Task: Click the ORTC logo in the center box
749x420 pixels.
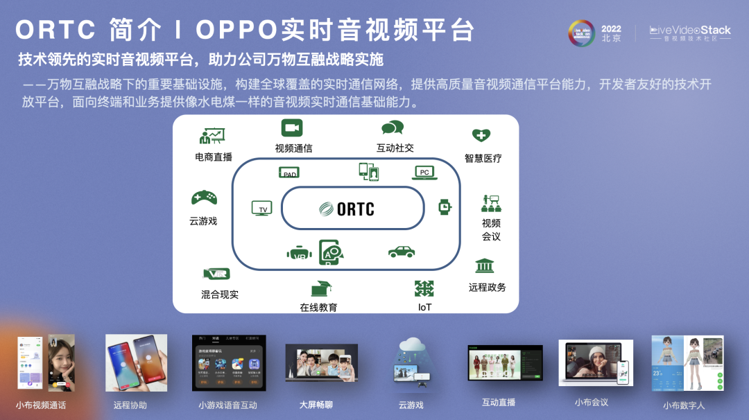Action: (x=347, y=209)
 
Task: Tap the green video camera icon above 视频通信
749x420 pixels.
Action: (x=292, y=128)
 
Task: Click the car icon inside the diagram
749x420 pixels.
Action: (x=402, y=252)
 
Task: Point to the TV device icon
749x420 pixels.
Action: (x=262, y=208)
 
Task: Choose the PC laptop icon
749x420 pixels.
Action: (x=424, y=172)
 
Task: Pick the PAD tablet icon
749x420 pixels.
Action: (x=289, y=173)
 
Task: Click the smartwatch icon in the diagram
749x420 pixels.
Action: (x=445, y=207)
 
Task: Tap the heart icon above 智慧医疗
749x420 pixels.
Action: (x=481, y=135)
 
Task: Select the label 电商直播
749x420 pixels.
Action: (x=214, y=157)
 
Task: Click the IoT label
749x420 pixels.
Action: (x=424, y=306)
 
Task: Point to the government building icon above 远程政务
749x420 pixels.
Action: (x=484, y=266)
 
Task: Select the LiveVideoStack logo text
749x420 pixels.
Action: (x=689, y=30)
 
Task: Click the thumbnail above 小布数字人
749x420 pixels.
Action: (x=687, y=363)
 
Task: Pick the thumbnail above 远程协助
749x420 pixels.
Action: (x=136, y=363)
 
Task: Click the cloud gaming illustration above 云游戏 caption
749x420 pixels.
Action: (x=411, y=362)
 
